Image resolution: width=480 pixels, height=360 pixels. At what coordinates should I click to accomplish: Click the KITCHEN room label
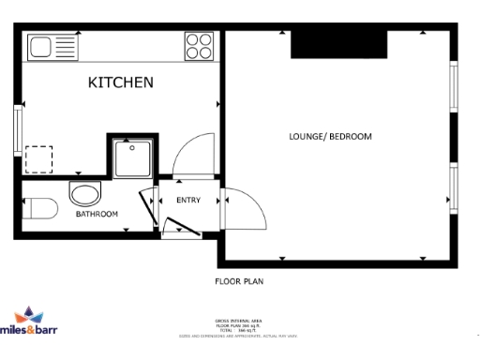[120, 82]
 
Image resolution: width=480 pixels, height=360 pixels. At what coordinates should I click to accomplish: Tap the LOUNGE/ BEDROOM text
[330, 137]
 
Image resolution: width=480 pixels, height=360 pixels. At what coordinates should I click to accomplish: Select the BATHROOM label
[97, 215]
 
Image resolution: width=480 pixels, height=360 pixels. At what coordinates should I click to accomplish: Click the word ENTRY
[188, 200]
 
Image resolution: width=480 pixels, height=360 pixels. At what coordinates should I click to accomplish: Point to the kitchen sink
[53, 46]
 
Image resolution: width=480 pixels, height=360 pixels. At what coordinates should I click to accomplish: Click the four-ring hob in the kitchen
[199, 46]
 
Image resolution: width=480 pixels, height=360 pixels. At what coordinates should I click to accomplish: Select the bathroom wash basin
[85, 196]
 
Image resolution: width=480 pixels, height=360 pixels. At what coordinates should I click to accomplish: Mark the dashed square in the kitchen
[38, 158]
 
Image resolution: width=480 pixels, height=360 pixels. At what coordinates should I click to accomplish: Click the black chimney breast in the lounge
[339, 43]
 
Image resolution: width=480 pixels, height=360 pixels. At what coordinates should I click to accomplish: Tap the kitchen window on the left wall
[18, 128]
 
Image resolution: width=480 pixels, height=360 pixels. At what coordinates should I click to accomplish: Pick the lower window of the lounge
[453, 190]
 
